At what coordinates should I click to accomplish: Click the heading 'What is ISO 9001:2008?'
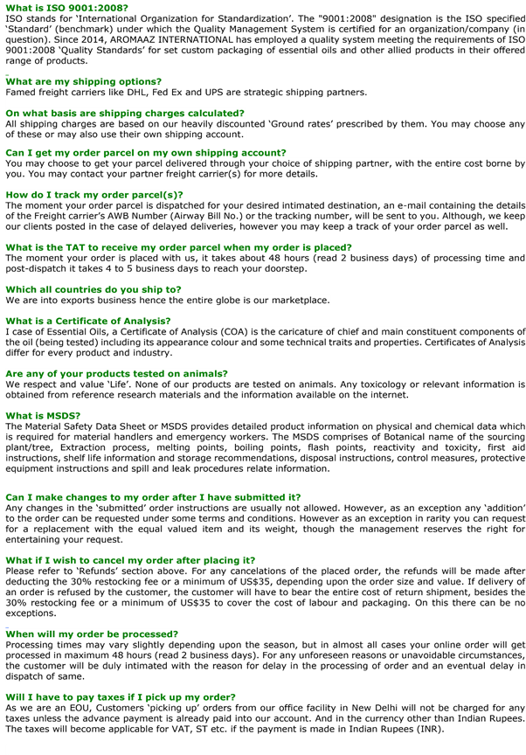66,7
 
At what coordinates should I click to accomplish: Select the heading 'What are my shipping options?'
83,81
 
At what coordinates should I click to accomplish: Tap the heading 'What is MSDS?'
44,416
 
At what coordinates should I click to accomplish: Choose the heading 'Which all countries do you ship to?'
93,289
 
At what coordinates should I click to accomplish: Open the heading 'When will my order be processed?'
92,634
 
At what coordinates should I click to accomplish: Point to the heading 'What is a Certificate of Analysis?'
88,322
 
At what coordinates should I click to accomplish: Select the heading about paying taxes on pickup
114,697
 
